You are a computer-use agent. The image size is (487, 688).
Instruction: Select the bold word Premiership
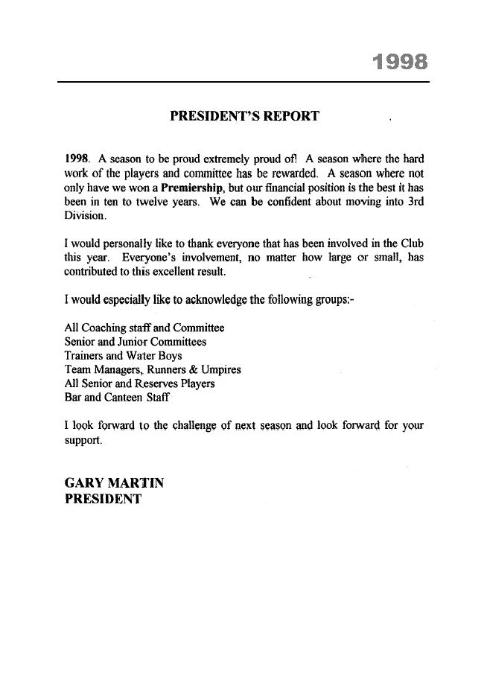pos(191,188)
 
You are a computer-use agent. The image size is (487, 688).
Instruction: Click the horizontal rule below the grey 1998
pos(244,82)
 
